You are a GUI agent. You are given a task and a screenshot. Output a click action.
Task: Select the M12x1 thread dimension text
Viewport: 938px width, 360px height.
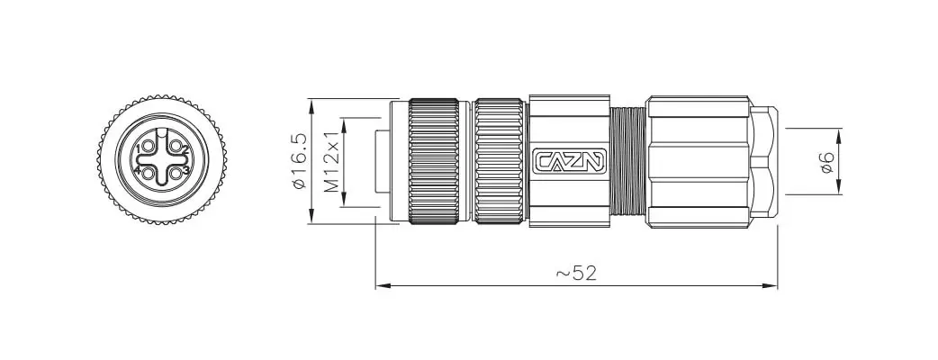[x=331, y=163]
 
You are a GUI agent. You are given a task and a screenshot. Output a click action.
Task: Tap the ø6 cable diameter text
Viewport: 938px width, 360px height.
[x=825, y=162]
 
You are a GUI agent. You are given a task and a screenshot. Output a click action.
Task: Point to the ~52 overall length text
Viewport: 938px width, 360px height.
[x=576, y=273]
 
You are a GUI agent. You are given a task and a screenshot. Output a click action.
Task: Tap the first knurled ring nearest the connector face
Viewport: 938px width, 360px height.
[x=437, y=160]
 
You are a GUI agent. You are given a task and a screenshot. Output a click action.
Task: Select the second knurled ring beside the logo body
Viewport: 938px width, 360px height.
[x=500, y=160]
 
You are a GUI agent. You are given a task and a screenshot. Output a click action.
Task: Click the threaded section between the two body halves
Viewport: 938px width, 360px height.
[x=629, y=160]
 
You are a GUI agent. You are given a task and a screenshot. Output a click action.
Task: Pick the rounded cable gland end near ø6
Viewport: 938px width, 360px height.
[x=764, y=160]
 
